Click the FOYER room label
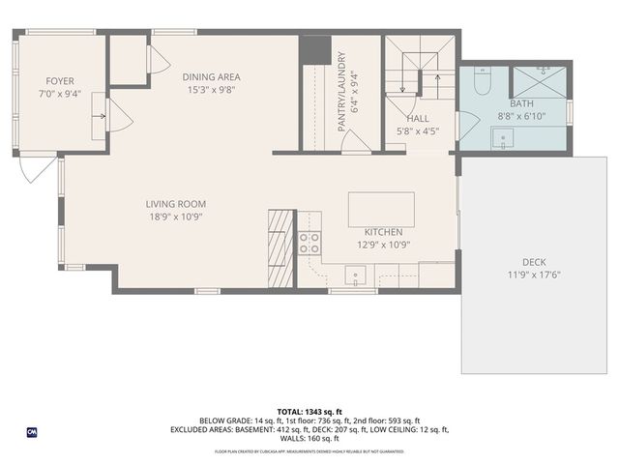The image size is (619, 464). pyautogui.click(x=60, y=81)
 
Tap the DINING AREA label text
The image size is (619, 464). pyautogui.click(x=212, y=76)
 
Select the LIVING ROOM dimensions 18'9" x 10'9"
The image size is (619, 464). pyautogui.click(x=175, y=217)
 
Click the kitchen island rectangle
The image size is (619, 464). pyautogui.click(x=381, y=209)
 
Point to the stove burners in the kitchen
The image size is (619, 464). pyautogui.click(x=309, y=243)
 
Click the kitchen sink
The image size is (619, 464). pyautogui.click(x=357, y=278)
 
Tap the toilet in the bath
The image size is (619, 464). pyautogui.click(x=484, y=77)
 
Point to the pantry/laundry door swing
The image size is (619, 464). pyautogui.click(x=354, y=141)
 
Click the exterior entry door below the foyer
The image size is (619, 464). pyautogui.click(x=32, y=170)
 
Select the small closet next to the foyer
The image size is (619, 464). pyautogui.click(x=126, y=60)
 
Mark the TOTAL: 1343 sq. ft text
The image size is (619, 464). pyautogui.click(x=310, y=412)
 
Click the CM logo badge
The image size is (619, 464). pyautogui.click(x=31, y=432)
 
